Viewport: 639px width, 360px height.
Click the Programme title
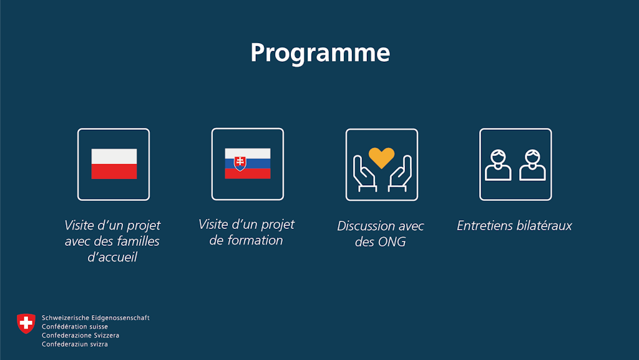319,52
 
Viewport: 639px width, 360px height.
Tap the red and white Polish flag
114,164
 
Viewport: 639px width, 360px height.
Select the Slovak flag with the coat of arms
248,163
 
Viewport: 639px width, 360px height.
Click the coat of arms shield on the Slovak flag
240,163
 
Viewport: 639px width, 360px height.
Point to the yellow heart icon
381,157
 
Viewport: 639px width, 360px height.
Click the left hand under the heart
364,175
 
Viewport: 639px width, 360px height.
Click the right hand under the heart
399,175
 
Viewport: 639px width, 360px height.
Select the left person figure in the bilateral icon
498,165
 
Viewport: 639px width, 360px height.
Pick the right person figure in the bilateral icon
532,165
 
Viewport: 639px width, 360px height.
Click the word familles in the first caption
136,241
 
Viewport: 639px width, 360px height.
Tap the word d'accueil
112,256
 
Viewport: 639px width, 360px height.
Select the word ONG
392,242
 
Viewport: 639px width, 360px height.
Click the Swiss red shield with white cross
26,323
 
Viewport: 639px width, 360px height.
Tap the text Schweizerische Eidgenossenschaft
95,318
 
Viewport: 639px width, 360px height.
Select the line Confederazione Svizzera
80,335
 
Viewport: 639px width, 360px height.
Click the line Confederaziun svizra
74,344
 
